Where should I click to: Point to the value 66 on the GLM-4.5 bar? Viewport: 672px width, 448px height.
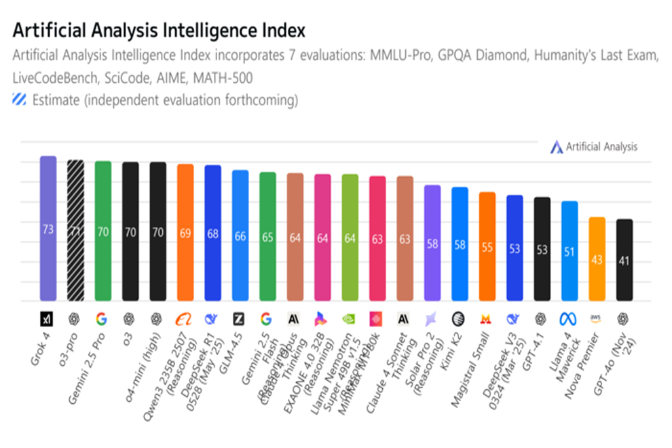coord(240,236)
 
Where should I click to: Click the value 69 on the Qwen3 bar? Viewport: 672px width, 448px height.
coord(185,233)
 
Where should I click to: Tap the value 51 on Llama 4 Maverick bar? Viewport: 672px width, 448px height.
coord(570,252)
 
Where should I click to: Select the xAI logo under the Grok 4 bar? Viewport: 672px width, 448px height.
coord(48,318)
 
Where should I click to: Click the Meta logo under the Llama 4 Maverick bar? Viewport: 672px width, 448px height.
coord(570,318)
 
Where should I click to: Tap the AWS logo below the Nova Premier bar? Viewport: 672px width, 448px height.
coord(597,318)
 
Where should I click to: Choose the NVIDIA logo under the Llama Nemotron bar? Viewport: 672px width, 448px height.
coord(350,318)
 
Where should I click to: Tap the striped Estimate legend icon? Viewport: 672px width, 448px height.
coord(20,100)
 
